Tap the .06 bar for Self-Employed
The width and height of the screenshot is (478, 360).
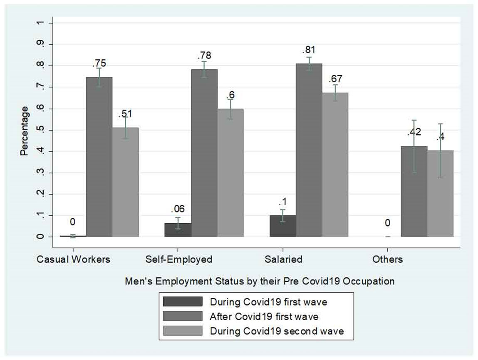coord(178,230)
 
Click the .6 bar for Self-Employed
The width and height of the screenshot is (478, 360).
coord(230,173)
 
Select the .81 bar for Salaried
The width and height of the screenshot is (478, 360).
coord(309,150)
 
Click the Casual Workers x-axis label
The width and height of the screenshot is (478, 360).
coord(74,259)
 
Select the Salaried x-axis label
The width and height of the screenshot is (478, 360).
coord(283,259)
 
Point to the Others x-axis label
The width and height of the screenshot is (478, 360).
coord(388,259)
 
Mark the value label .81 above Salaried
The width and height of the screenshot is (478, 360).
coord(309,50)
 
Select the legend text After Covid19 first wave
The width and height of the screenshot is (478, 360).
coord(264,316)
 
